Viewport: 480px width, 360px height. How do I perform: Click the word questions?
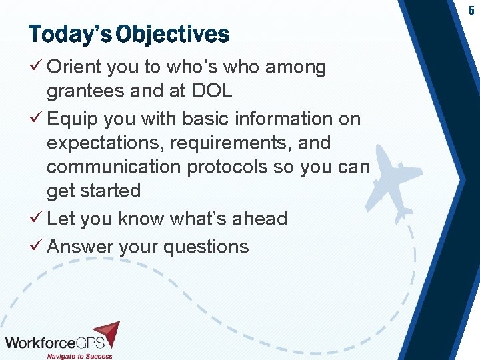(x=206, y=247)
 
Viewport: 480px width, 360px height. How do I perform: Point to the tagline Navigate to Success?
(x=79, y=356)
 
